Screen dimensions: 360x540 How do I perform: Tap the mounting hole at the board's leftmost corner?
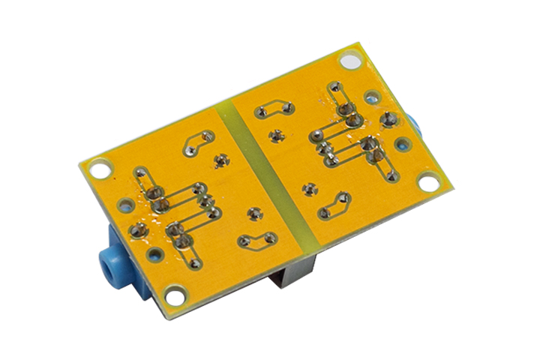coord(97,168)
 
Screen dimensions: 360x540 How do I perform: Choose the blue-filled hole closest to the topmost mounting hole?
coord(371,97)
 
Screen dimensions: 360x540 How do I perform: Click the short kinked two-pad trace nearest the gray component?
coord(256,240)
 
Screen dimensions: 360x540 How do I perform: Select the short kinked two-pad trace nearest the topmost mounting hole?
coord(274,109)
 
